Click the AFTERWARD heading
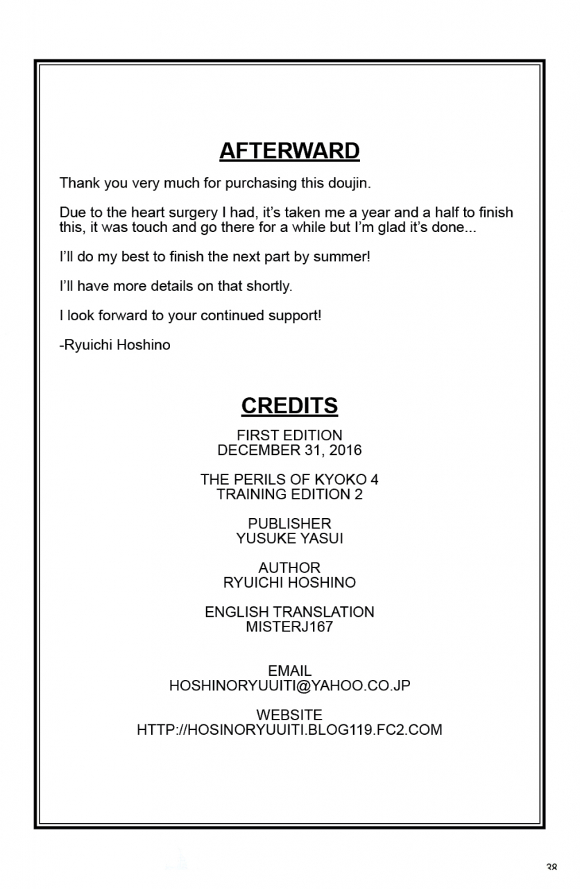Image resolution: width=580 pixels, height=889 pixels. (x=289, y=151)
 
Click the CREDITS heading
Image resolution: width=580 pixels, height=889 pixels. (x=289, y=406)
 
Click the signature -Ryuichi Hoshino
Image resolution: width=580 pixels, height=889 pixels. (x=115, y=344)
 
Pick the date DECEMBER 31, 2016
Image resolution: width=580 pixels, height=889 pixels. (x=289, y=450)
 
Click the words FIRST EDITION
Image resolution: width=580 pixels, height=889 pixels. (x=289, y=435)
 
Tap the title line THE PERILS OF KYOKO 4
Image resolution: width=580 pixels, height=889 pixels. (x=289, y=479)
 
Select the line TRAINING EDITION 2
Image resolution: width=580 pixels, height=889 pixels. (x=289, y=495)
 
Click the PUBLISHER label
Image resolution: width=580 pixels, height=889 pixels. (x=289, y=524)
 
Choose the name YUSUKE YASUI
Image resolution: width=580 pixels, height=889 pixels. (x=289, y=538)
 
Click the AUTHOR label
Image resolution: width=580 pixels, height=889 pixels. (x=289, y=567)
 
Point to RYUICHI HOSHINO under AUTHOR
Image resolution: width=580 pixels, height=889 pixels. (x=289, y=583)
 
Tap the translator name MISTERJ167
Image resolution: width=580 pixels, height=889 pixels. (x=289, y=626)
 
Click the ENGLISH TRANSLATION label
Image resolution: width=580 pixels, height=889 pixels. (x=289, y=612)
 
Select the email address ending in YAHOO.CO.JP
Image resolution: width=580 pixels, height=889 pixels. (x=289, y=686)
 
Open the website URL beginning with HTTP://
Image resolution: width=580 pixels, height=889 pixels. (x=289, y=730)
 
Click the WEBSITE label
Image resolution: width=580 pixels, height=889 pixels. (x=289, y=715)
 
